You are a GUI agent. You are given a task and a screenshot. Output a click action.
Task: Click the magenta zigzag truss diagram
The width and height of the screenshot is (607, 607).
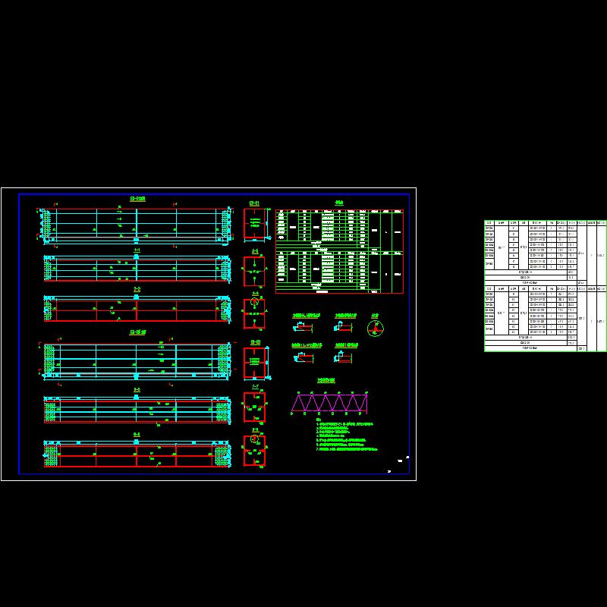pyautogui.click(x=329, y=403)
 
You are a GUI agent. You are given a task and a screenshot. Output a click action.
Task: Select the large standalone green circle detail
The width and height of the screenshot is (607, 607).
pyautogui.click(x=376, y=328)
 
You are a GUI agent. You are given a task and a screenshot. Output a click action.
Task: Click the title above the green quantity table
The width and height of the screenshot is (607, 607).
pyautogui.click(x=339, y=203)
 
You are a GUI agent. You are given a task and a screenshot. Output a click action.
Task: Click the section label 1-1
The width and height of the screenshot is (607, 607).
pyautogui.click(x=137, y=250)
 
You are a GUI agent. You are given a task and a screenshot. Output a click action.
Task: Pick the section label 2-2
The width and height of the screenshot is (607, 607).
pyautogui.click(x=137, y=289)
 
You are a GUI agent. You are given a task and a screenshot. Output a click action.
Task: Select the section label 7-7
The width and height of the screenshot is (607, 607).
pyautogui.click(x=255, y=386)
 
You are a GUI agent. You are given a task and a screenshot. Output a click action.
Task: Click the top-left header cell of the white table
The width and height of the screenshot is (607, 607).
pyautogui.click(x=489, y=223)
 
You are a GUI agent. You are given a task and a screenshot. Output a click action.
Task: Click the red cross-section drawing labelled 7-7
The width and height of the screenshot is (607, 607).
pyautogui.click(x=254, y=407)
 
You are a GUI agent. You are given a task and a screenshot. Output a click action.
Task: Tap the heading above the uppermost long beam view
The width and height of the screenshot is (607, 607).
pyautogui.click(x=137, y=199)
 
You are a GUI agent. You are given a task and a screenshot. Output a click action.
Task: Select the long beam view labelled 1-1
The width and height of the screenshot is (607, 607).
pyautogui.click(x=137, y=268)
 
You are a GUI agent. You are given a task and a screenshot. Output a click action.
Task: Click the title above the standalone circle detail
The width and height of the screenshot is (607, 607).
pyautogui.click(x=375, y=315)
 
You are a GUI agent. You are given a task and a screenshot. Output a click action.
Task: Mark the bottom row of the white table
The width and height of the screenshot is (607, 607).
pyautogui.click(x=531, y=348)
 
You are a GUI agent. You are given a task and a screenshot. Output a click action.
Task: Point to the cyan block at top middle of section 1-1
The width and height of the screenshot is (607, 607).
pyautogui.click(x=137, y=257)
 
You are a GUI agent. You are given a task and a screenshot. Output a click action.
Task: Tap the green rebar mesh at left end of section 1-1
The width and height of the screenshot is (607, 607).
pyautogui.click(x=49, y=268)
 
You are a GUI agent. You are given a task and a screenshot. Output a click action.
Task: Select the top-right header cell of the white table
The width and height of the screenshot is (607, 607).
pyautogui.click(x=602, y=223)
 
